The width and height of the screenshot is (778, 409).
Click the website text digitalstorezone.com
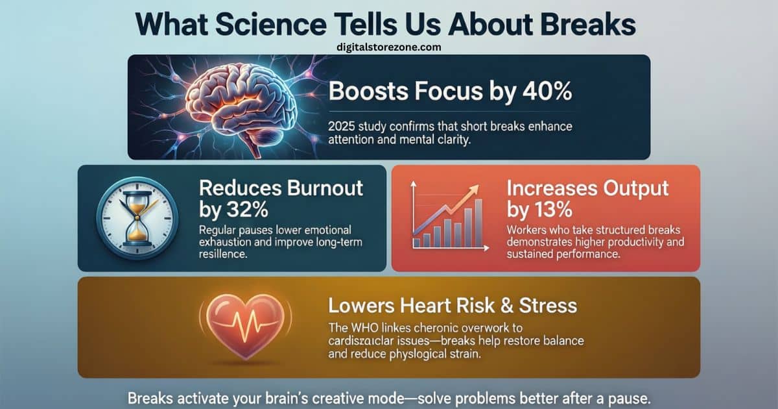389,47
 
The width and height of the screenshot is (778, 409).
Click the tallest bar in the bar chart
478,223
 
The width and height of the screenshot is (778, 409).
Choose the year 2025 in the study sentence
342,126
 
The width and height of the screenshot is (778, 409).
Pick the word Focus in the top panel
440,91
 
